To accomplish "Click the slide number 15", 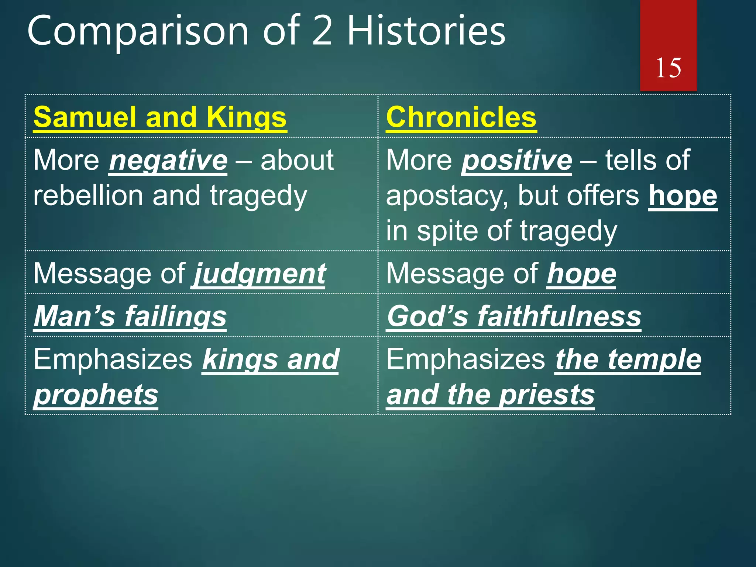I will click(668, 68).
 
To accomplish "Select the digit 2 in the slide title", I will click(322, 31).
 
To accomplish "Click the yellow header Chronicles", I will click(461, 117).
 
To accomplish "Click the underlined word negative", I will click(168, 161).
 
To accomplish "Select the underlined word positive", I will click(516, 161).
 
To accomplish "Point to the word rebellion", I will click(88, 196).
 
